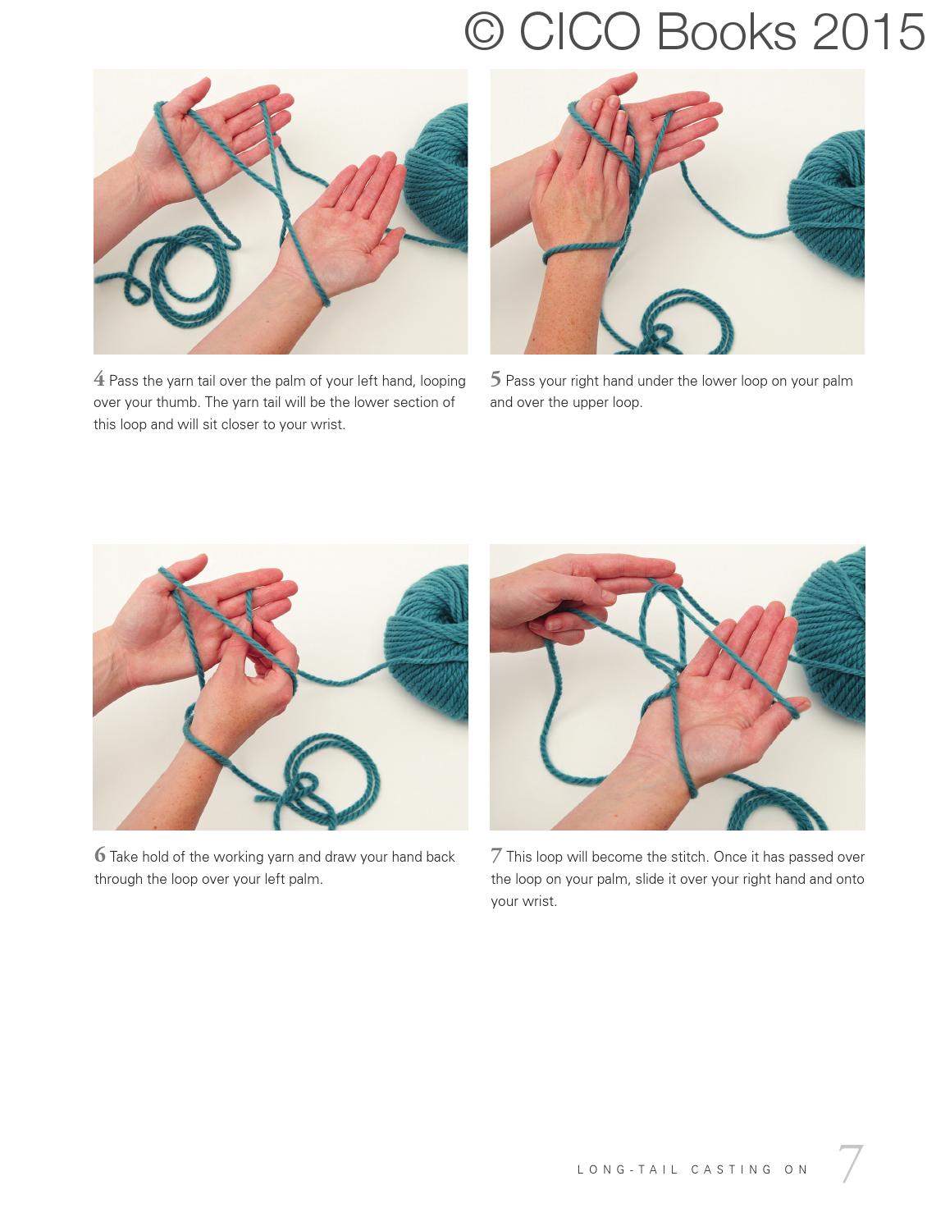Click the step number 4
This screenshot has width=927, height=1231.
[x=99, y=378]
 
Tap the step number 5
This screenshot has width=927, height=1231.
[x=495, y=378]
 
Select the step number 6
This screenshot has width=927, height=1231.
[x=100, y=854]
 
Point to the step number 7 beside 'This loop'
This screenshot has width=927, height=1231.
[x=496, y=855]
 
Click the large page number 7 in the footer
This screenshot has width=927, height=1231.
[x=851, y=1164]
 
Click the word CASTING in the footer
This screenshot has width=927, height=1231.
[x=732, y=1169]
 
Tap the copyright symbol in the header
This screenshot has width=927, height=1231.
[x=484, y=33]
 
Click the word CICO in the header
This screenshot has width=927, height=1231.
[x=580, y=33]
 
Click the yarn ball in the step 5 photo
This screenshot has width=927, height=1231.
[x=829, y=205]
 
